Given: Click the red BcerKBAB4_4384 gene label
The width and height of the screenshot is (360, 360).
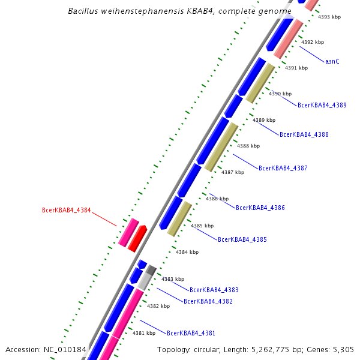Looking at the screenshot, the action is [x=66, y=210].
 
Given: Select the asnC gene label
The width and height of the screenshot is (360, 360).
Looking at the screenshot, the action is [x=332, y=61].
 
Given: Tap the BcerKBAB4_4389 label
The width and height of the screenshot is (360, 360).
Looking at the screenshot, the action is [x=322, y=105].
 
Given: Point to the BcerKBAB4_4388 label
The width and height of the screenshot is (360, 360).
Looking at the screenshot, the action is [x=304, y=134].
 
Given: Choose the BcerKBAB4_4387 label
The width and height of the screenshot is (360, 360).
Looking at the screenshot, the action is [x=283, y=168].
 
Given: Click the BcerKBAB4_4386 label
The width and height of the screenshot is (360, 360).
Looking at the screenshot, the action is [x=260, y=208].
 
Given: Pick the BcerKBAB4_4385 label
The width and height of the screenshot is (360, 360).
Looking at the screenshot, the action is [x=242, y=239].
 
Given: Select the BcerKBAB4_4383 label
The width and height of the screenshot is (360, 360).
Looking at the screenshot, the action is [x=214, y=290].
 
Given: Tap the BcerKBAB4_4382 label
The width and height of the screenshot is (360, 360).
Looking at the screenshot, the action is [x=208, y=301].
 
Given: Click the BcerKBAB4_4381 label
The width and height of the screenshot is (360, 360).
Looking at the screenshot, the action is [x=191, y=333].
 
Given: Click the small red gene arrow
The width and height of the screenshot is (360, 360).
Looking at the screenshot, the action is [x=137, y=238].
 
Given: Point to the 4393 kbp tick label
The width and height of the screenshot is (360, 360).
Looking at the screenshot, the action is [x=329, y=17].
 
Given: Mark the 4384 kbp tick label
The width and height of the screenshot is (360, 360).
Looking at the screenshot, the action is [x=187, y=252].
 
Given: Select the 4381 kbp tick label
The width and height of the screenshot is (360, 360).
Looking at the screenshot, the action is [x=144, y=333].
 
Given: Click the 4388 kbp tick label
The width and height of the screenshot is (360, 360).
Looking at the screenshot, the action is [x=248, y=146].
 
